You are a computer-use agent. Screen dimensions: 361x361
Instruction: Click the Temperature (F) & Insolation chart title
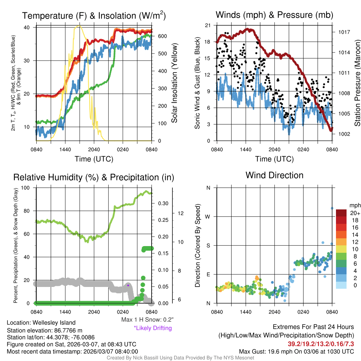click(x=94, y=16)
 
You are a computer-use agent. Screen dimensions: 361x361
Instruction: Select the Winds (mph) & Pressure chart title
click(x=274, y=15)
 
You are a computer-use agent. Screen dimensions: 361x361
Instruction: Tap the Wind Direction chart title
click(x=274, y=175)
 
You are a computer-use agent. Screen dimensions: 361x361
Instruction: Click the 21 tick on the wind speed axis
click(x=207, y=25)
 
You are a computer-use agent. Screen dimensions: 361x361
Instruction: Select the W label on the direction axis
click(x=208, y=216)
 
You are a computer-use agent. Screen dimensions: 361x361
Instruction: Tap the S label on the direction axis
click(x=208, y=245)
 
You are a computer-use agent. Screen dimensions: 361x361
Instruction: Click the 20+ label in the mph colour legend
click(x=355, y=213)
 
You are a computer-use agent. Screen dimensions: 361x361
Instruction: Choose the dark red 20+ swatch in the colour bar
click(x=342, y=213)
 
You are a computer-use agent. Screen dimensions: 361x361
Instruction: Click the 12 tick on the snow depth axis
click(x=181, y=213)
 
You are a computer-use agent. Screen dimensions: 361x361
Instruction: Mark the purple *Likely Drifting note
click(x=153, y=328)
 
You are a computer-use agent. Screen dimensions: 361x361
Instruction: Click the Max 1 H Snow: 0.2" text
click(x=147, y=320)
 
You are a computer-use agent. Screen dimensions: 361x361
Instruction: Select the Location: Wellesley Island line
click(x=41, y=323)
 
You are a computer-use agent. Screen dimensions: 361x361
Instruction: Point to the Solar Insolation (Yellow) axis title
click(x=175, y=83)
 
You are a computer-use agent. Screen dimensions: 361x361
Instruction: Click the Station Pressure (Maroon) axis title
click(x=357, y=83)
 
